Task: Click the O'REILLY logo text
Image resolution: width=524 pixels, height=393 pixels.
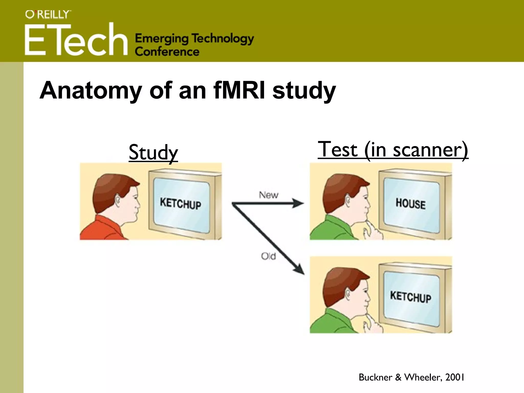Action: pyautogui.click(x=48, y=14)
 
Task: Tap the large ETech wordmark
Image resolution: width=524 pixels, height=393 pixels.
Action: pyautogui.click(x=76, y=40)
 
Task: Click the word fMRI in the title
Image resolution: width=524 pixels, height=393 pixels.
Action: pyautogui.click(x=239, y=90)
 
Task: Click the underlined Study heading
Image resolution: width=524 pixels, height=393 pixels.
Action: pyautogui.click(x=153, y=152)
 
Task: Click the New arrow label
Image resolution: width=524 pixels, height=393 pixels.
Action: pyautogui.click(x=268, y=195)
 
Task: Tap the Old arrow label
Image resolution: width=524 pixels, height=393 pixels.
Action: pyautogui.click(x=268, y=256)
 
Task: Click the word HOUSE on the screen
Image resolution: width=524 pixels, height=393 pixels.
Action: pyautogui.click(x=410, y=204)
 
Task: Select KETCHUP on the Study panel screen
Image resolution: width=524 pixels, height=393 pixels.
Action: pyautogui.click(x=180, y=204)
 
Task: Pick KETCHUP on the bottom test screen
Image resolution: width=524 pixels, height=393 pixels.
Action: pyautogui.click(x=410, y=297)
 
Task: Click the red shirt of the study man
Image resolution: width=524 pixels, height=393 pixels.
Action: pyautogui.click(x=102, y=229)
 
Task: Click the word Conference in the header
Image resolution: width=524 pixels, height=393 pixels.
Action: pyautogui.click(x=167, y=52)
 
